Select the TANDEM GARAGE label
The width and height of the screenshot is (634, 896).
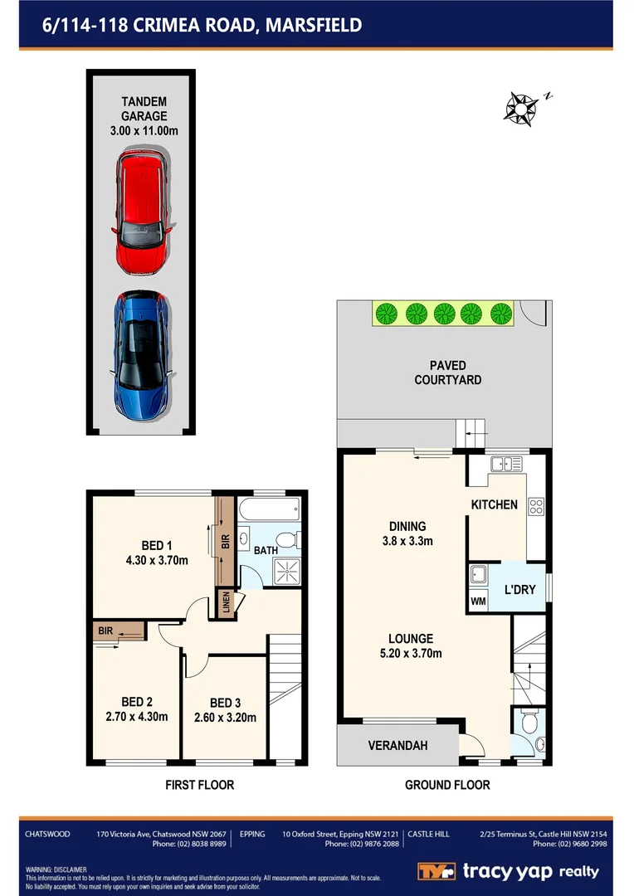(x=145, y=116)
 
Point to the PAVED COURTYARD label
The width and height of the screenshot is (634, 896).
(x=447, y=373)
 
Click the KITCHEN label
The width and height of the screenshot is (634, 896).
(x=494, y=504)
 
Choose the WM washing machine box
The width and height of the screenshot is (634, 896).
(x=477, y=601)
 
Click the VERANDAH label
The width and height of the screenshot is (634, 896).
(x=397, y=746)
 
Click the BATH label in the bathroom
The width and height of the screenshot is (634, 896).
(x=266, y=550)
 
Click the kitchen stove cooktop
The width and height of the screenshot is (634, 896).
(x=536, y=504)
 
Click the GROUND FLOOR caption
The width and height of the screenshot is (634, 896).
(x=447, y=785)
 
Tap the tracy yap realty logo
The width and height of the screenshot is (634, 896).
(x=508, y=871)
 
